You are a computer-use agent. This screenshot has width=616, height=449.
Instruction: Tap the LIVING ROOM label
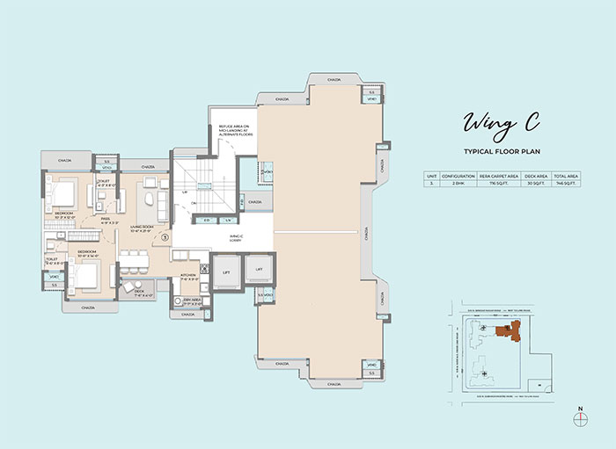[143, 228]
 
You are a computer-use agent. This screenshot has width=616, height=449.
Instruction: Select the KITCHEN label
[187, 276]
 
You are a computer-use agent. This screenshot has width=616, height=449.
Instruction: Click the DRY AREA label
[193, 301]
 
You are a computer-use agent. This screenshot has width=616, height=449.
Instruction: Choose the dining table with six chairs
[137, 259]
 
